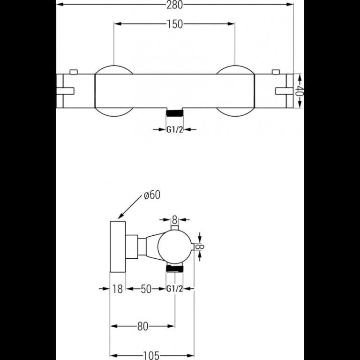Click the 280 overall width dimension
point(174,5)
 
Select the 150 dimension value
point(174,24)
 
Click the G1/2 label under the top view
point(174,130)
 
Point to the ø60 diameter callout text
point(152,195)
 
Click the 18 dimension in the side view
point(118,289)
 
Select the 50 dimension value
point(146,289)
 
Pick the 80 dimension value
point(143,326)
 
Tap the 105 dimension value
point(151,356)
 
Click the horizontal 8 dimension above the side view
point(175,220)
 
